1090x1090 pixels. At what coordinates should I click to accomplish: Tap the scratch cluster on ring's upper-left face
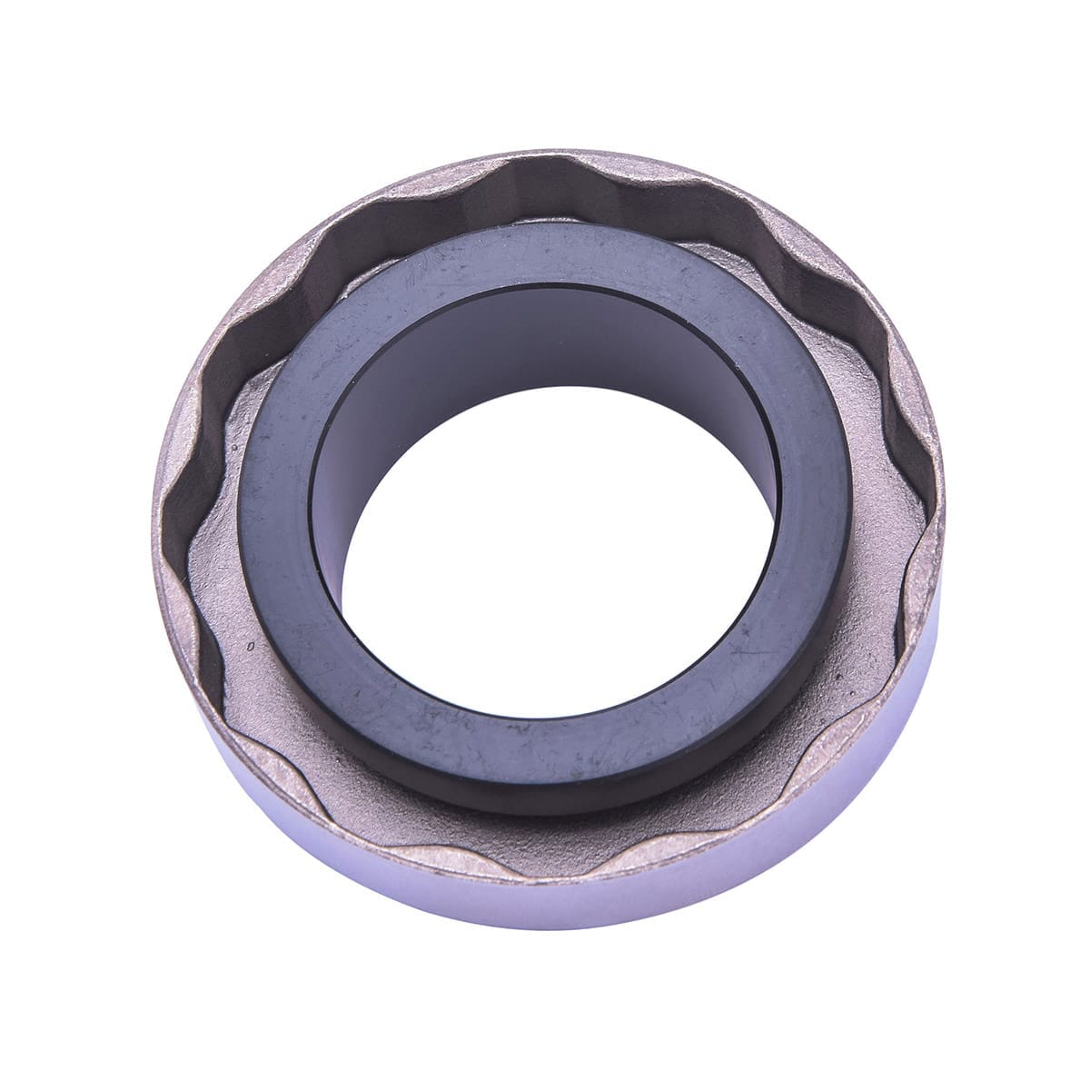(427, 263)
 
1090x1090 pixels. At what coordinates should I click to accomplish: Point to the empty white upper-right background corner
(1017, 73)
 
